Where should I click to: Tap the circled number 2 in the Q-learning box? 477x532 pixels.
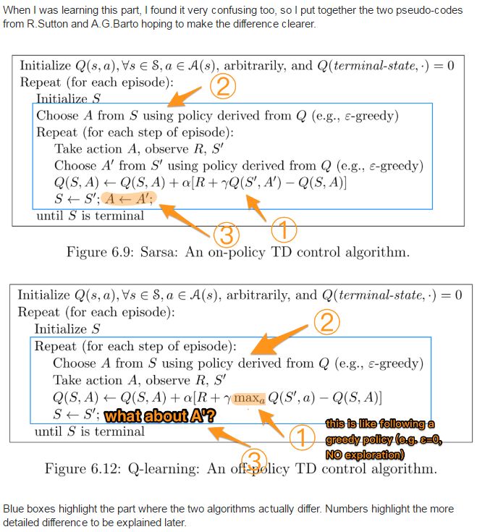click(327, 321)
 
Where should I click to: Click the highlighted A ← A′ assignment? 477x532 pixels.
click(128, 198)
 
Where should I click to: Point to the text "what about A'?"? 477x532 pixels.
click(160, 415)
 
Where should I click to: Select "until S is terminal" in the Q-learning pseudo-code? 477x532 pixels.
click(89, 431)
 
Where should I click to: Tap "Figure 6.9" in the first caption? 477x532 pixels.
click(98, 252)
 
